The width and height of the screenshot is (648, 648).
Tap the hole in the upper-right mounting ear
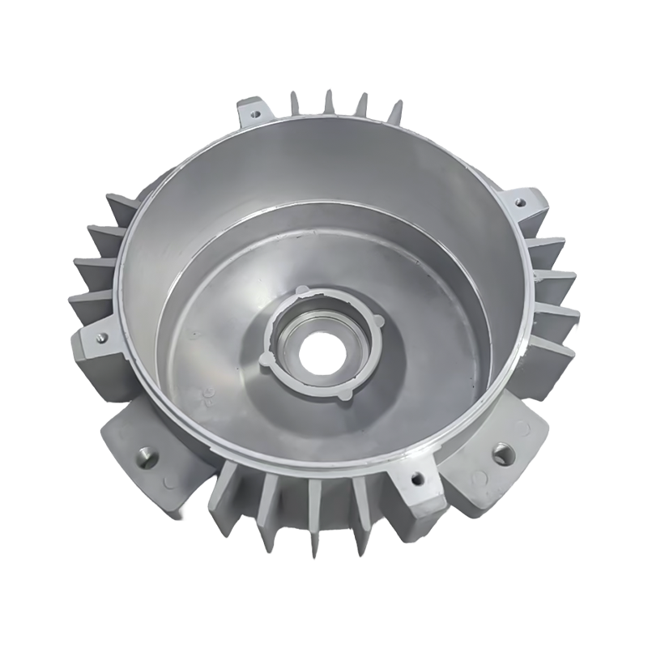[x=520, y=198]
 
